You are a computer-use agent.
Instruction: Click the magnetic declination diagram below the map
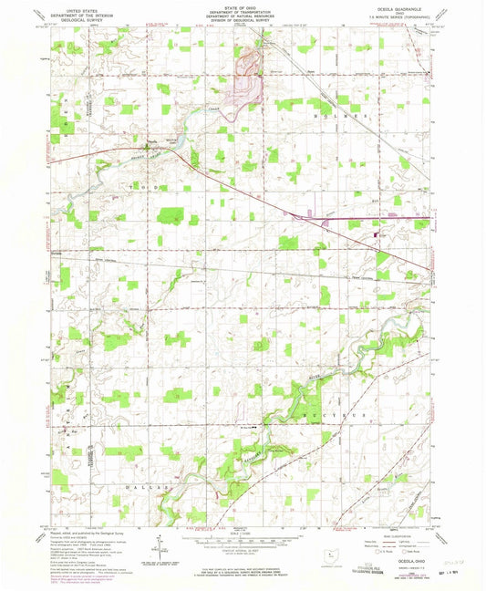pos(160,547)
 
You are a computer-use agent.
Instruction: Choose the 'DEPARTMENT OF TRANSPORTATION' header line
pos(243,13)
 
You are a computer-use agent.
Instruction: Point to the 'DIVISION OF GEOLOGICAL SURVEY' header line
pos(243,22)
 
